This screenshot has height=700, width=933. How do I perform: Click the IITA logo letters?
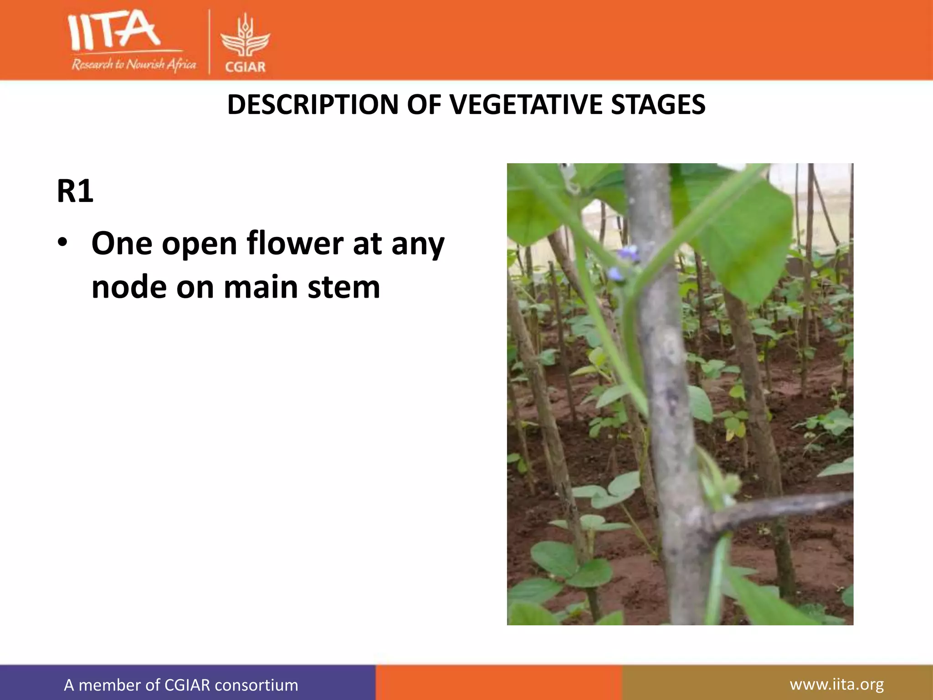coord(114,31)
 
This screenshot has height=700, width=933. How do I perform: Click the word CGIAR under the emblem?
coord(245,67)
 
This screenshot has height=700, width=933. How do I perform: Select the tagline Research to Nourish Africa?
coord(133,64)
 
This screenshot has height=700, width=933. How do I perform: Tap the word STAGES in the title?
coord(658,105)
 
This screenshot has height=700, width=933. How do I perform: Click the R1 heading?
coord(75,191)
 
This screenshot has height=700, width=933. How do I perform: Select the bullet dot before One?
coord(62,242)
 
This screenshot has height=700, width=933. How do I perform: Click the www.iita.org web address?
coord(836,684)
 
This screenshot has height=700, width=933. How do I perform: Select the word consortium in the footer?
coord(256,685)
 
